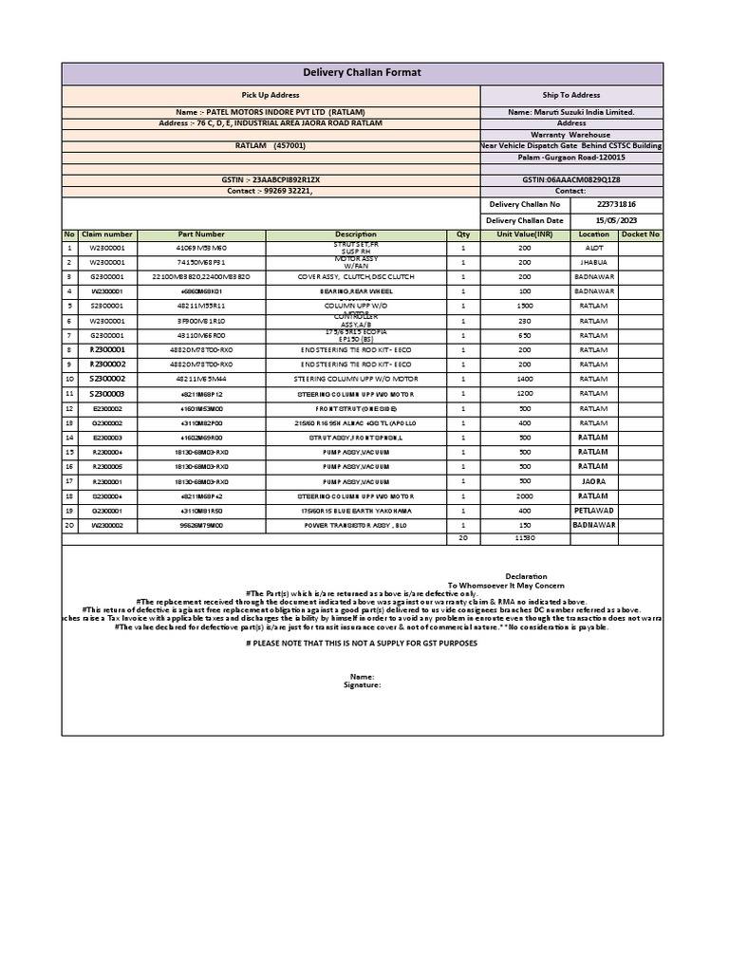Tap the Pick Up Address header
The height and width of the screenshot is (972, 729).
pos(271,96)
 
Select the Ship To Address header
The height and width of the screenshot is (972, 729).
pos(571,96)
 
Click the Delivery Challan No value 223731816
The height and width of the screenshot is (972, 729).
pos(616,205)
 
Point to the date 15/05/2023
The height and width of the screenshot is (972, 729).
pos(616,221)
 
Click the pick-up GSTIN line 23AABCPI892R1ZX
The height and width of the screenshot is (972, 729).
pos(271,178)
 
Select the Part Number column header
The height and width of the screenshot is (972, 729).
pos(201,234)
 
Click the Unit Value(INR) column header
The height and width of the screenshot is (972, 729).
pos(525,234)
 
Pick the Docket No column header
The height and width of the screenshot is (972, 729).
pos(641,234)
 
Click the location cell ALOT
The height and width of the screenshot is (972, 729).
pos(593,248)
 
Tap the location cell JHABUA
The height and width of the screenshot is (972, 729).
pos(593,262)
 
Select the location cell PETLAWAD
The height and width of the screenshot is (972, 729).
pos(593,510)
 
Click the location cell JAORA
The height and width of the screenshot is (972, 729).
pos(593,481)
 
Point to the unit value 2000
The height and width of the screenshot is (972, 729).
pos(525,495)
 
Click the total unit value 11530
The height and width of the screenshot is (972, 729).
pos(525,538)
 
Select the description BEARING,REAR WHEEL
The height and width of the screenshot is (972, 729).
pos(356,291)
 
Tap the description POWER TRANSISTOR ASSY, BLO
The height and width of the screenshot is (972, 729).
pos(356,525)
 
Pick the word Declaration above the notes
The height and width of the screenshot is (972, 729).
pos(526,576)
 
